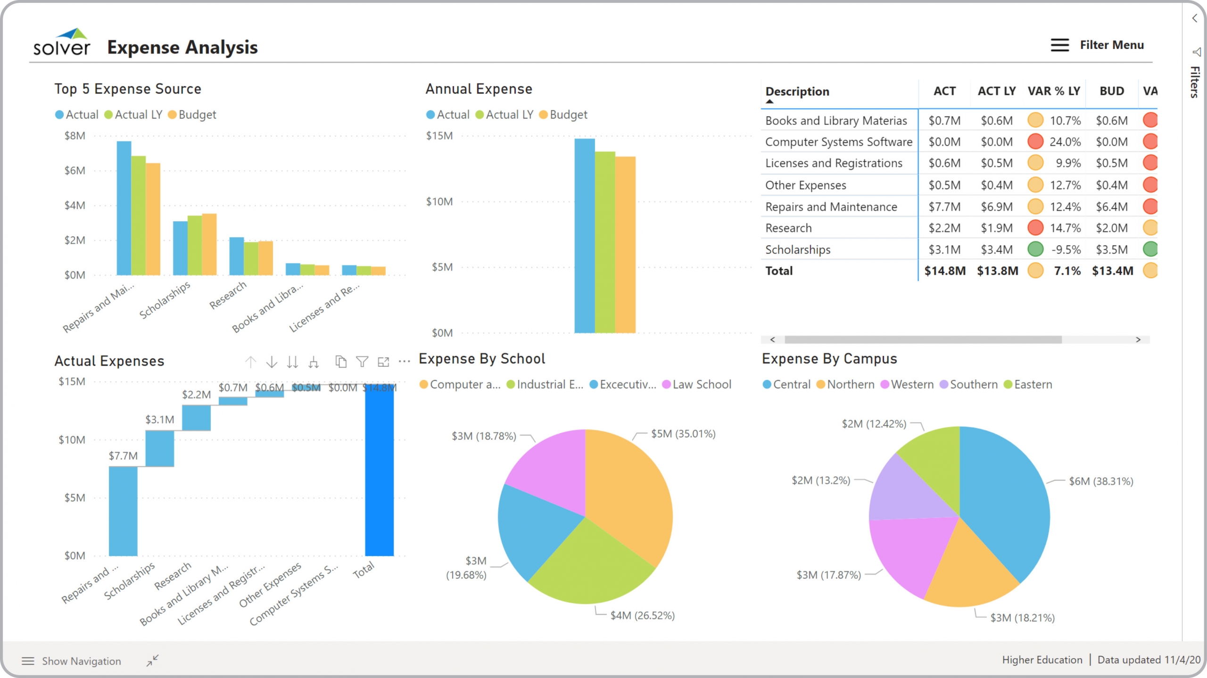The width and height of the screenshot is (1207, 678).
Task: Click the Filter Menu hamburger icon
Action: pos(1059,45)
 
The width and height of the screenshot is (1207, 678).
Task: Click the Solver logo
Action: pos(62,43)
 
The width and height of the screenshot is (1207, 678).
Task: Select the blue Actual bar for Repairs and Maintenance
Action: pos(124,207)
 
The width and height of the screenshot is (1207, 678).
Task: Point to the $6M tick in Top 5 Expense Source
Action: pos(75,171)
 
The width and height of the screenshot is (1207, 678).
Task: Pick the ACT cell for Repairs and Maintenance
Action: pos(944,207)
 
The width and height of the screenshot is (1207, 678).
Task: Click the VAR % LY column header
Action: pos(1053,91)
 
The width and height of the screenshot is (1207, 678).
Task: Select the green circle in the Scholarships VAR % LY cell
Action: pos(1035,249)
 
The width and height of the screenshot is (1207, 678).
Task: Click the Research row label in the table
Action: pos(788,228)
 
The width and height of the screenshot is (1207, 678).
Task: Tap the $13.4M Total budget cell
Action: pos(1112,271)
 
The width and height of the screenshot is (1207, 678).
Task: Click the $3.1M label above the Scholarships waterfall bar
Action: pos(159,419)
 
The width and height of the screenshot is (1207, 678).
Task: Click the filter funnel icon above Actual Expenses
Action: pos(362,362)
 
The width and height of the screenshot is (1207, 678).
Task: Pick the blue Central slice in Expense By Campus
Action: pos(1004,500)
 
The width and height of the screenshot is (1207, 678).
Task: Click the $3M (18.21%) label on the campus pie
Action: pos(1022,618)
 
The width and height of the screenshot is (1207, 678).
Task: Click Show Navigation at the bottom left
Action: pos(81,661)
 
